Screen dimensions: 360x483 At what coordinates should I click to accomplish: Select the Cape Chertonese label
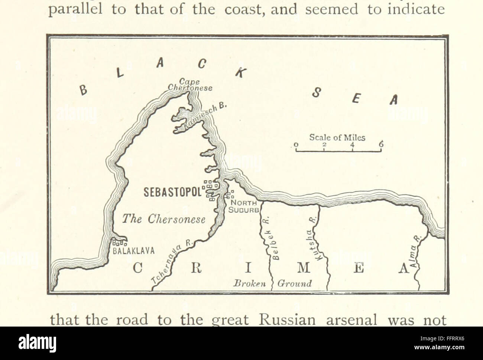190,85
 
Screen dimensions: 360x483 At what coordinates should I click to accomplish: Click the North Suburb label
243,206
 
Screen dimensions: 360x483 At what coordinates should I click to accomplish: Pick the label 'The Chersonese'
164,220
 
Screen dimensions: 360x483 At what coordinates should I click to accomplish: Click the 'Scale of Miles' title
337,137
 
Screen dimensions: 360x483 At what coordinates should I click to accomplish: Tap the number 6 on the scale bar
381,145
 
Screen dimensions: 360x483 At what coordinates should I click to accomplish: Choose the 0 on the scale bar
296,145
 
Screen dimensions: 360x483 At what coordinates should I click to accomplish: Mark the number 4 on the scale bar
352,145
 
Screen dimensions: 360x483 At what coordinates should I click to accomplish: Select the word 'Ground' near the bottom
294,283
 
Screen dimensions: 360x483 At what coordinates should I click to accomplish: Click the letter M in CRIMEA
303,268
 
